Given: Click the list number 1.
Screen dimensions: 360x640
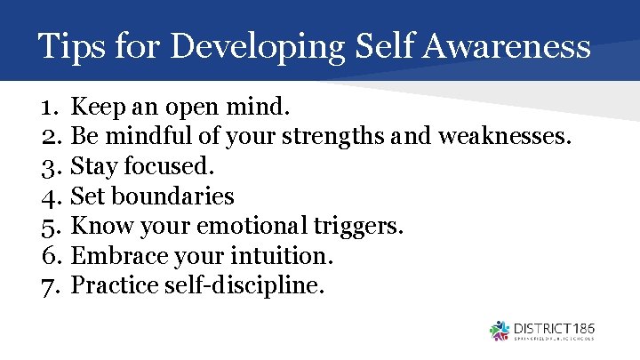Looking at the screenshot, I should [x=48, y=108].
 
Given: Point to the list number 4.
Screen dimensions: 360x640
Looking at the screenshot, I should [x=49, y=196].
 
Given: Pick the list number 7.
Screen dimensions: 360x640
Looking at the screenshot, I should [x=49, y=285].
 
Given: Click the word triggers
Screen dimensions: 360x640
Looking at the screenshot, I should [x=361, y=227].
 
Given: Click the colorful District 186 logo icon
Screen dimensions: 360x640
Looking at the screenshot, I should [x=500, y=331].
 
